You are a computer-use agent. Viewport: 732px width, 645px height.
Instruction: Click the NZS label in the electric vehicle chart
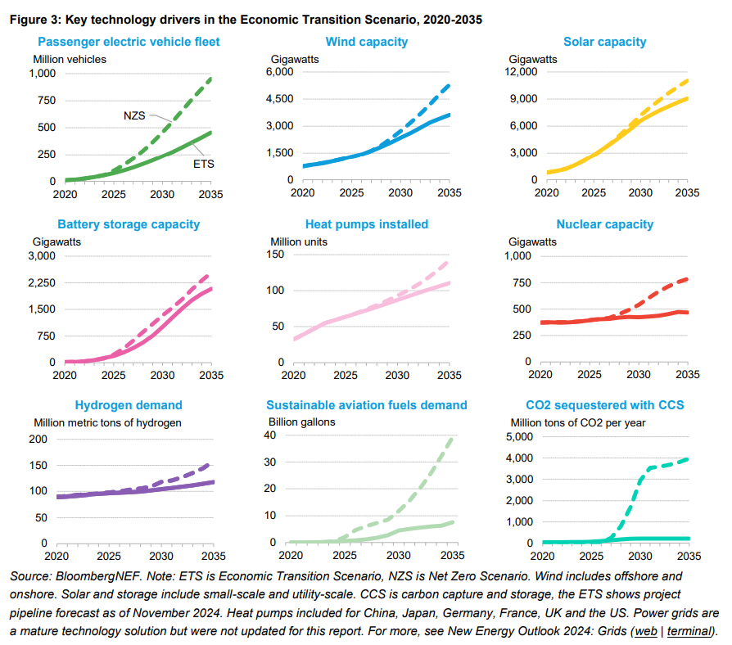[133, 115]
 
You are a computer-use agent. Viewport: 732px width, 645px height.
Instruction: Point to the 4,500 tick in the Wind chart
[278, 99]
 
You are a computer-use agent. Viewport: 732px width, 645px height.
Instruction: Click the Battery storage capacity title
[129, 224]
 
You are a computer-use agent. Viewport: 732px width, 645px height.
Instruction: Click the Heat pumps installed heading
[367, 224]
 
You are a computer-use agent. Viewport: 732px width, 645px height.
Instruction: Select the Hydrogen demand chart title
[129, 405]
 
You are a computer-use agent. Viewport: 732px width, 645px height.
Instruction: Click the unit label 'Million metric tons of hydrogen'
[107, 423]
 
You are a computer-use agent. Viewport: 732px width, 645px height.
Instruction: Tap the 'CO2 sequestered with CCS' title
[604, 405]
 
